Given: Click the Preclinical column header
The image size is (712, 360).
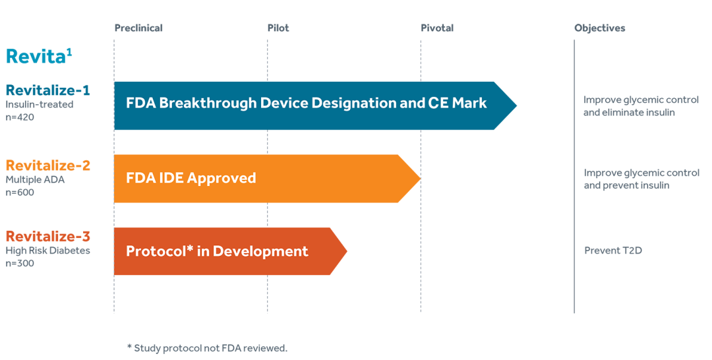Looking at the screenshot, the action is click(x=138, y=28).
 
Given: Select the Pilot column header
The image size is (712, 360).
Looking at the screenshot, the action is click(x=278, y=28).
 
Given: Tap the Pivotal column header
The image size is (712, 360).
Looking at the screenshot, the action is click(x=437, y=28).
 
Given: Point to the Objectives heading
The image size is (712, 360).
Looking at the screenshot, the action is click(x=599, y=28).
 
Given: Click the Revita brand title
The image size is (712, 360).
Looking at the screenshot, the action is click(x=39, y=56).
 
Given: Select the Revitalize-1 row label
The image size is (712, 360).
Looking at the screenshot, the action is click(x=47, y=90).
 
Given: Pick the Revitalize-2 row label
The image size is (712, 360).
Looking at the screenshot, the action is click(x=47, y=165).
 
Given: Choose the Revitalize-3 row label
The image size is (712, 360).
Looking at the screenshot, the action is click(x=47, y=236).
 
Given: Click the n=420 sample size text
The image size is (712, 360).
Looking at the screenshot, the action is click(x=20, y=117).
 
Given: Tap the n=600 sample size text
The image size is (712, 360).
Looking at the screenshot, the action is click(x=20, y=192).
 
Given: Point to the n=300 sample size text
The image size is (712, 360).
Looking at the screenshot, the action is click(x=20, y=263).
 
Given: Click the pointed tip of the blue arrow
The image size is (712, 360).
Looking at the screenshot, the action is click(x=516, y=105).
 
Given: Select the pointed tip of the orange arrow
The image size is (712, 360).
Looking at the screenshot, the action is click(x=420, y=179).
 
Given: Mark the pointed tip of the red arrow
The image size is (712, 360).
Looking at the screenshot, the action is click(x=347, y=251).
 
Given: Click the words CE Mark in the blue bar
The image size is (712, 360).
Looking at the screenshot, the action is click(x=458, y=103).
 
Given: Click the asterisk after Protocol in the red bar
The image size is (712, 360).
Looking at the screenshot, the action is click(x=190, y=248).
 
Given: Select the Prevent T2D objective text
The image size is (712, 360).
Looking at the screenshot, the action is click(x=613, y=251).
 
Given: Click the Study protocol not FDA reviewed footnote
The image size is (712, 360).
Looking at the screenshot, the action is click(x=207, y=348).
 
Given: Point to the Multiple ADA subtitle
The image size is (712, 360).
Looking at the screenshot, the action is click(x=35, y=179).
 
